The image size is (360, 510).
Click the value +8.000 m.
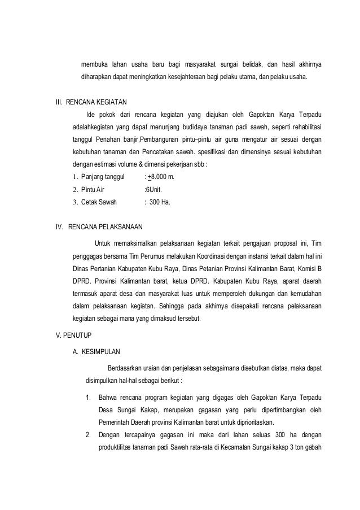tap(161, 178)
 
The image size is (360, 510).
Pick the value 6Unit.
tap(153, 190)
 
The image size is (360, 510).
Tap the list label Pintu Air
tap(93, 190)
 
